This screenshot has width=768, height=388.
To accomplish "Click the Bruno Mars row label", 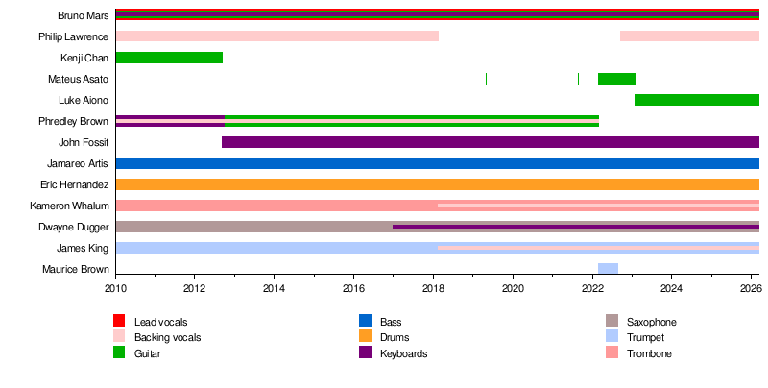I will [x=83, y=15].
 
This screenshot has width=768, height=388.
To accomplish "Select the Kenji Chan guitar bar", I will [x=169, y=58].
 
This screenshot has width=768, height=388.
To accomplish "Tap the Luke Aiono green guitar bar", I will [x=697, y=100].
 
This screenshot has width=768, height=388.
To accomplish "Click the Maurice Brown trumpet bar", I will [x=608, y=269].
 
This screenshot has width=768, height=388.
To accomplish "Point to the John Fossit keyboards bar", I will [x=490, y=142].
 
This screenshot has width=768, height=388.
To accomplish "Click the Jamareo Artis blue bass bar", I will [x=437, y=163].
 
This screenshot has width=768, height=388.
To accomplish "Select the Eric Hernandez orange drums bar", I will [x=437, y=184].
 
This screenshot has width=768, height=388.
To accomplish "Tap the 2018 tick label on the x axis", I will [x=433, y=288].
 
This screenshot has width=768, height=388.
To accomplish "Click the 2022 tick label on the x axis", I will [x=592, y=288].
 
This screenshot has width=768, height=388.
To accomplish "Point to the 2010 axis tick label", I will [x=115, y=288].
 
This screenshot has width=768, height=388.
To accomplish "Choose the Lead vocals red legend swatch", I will [x=119, y=321].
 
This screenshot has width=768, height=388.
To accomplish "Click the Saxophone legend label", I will [x=651, y=321].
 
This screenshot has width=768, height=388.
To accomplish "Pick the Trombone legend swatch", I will [x=612, y=353].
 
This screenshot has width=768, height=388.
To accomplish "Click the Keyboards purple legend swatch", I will [x=365, y=353].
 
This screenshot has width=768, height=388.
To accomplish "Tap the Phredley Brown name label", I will [x=73, y=121].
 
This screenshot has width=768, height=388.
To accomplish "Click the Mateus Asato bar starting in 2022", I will [x=616, y=79].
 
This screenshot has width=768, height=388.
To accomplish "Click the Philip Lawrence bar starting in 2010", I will [x=276, y=36].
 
